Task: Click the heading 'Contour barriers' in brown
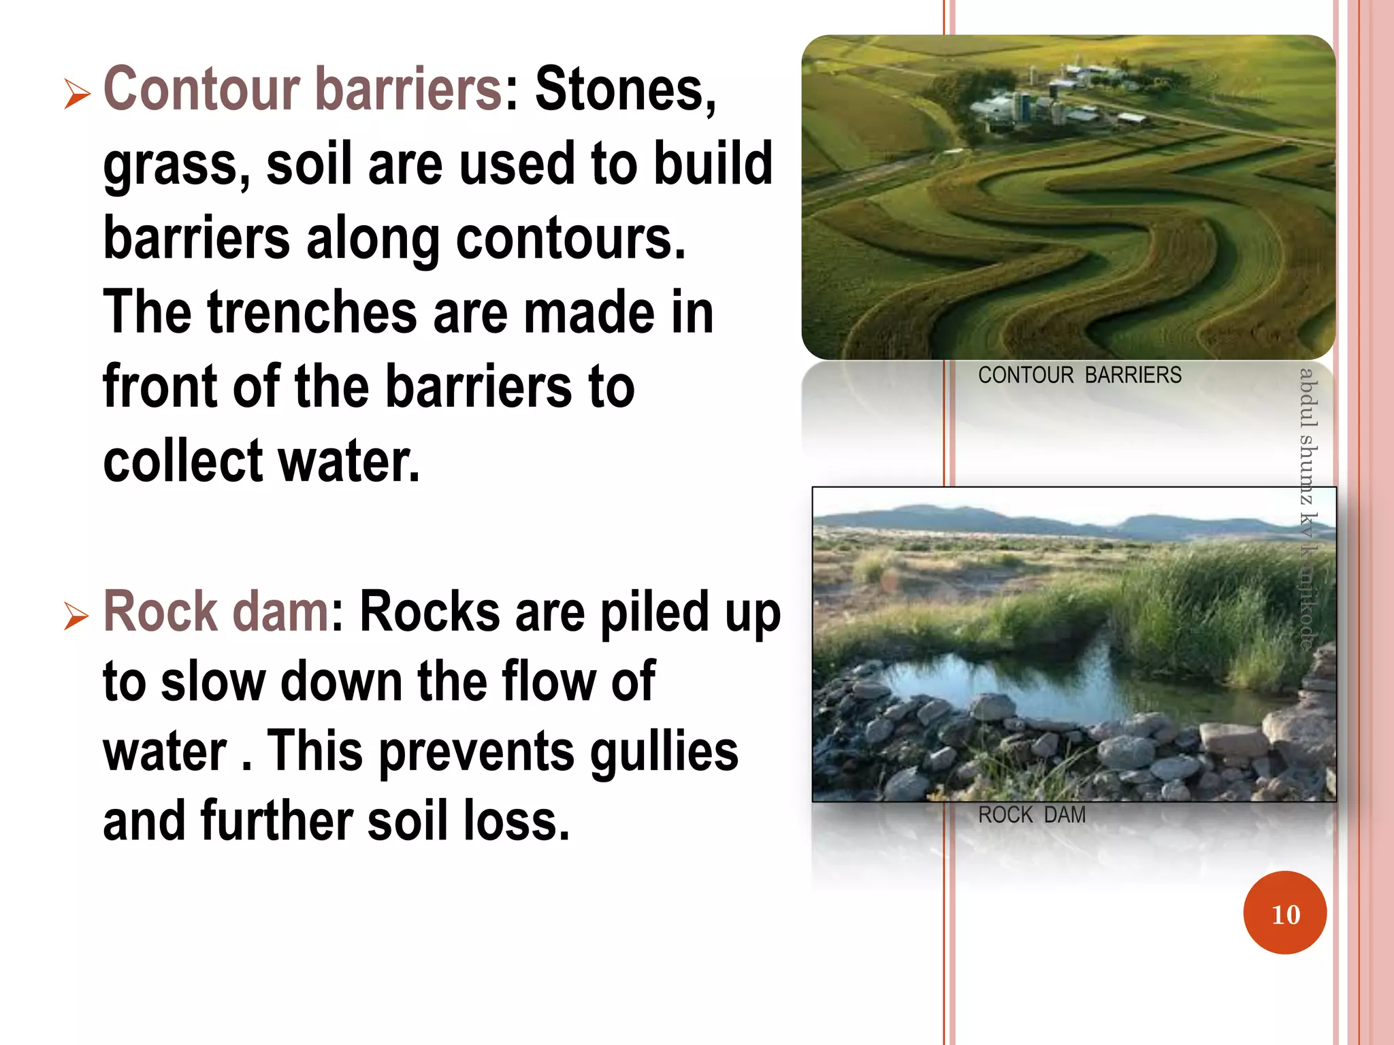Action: [x=303, y=89]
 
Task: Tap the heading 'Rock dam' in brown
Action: [x=216, y=612]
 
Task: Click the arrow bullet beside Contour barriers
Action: [x=77, y=94]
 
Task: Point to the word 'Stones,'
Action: [x=626, y=89]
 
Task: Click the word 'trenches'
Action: [x=312, y=313]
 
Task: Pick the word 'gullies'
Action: [x=664, y=751]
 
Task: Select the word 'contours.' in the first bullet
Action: [x=570, y=239]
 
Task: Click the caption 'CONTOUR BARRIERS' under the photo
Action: [x=1080, y=376]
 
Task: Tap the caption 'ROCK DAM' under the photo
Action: [x=1031, y=815]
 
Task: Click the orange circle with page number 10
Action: [x=1284, y=913]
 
